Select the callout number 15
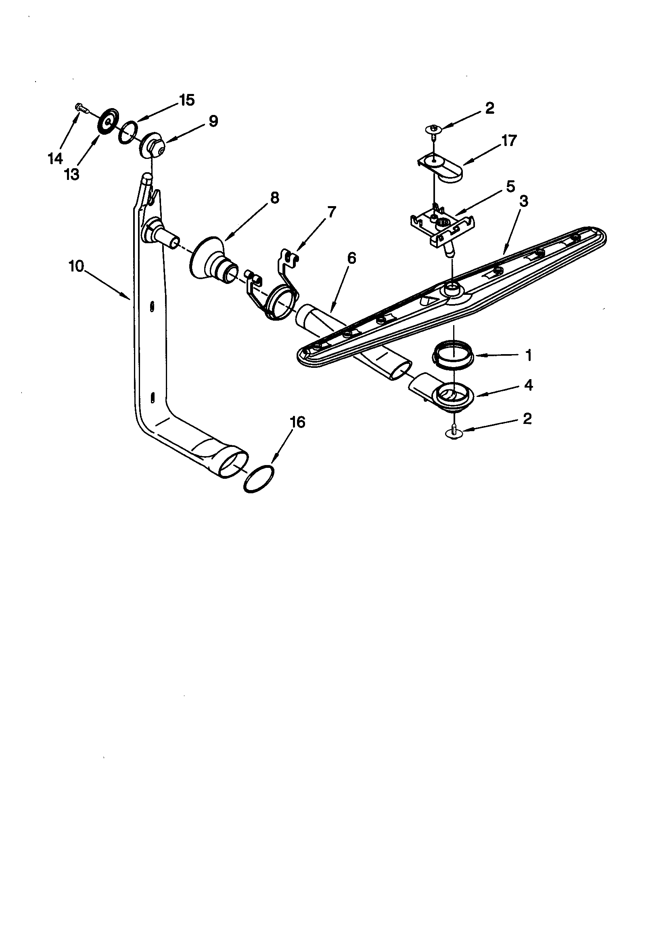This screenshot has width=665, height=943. click(x=187, y=100)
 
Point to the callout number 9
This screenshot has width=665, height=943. click(x=213, y=121)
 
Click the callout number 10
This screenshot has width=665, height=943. click(x=76, y=266)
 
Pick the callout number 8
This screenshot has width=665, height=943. click(x=274, y=198)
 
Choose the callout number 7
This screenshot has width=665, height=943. click(x=331, y=212)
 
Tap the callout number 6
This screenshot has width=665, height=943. click(x=351, y=258)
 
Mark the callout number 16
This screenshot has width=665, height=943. click(x=297, y=422)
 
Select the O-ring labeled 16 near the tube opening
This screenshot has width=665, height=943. click(x=259, y=479)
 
